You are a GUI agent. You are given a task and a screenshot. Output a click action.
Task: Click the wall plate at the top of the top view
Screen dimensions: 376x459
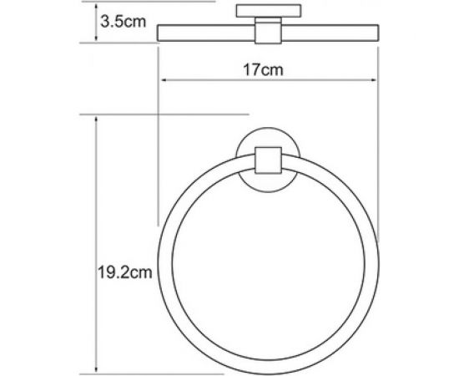tap(268, 11)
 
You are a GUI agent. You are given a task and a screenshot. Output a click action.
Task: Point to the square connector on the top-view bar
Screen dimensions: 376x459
tap(268, 33)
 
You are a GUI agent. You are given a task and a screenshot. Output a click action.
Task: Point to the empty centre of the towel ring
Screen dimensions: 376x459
tap(268, 259)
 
